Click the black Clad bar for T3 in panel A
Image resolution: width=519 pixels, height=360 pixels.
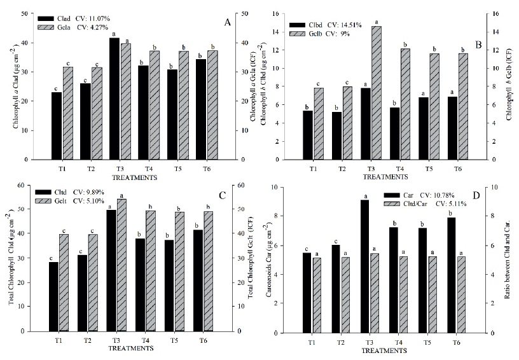[114, 99]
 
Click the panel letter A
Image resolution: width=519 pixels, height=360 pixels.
[227, 22]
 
